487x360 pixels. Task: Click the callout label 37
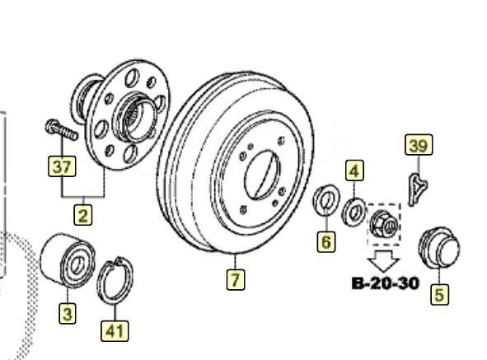(x=62, y=166)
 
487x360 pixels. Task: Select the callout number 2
(x=83, y=215)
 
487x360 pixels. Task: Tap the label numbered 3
(x=68, y=313)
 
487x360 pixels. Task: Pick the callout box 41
(x=115, y=331)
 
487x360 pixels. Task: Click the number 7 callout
(x=236, y=279)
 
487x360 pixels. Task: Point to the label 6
(x=326, y=241)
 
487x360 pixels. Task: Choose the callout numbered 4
(x=354, y=171)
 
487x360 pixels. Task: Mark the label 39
(x=419, y=145)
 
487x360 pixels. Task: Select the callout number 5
(x=439, y=294)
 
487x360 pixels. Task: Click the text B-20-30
(x=385, y=283)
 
